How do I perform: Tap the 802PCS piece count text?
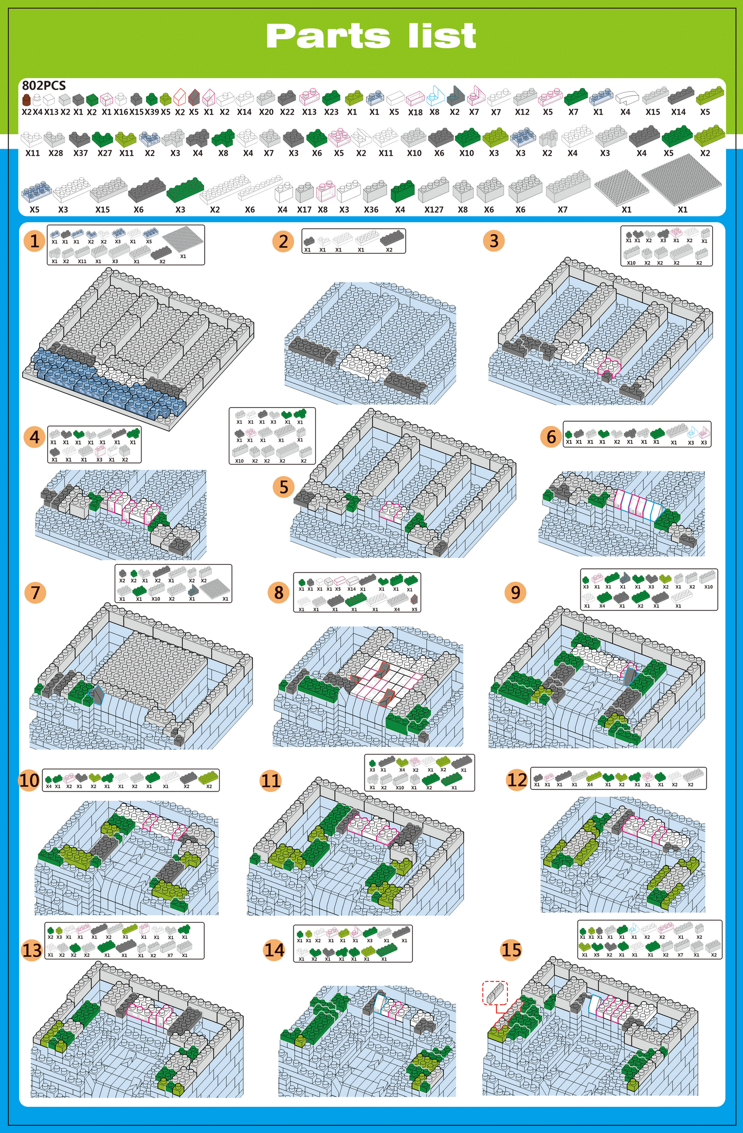[x=44, y=85]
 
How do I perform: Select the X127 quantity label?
[x=434, y=210]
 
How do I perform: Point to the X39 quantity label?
[x=152, y=112]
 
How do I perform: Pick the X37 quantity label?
[x=81, y=153]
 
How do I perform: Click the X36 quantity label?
[x=371, y=210]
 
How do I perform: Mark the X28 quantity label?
[x=56, y=153]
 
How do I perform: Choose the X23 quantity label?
[x=331, y=112]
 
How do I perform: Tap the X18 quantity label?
[x=415, y=112]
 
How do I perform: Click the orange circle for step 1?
[x=35, y=241]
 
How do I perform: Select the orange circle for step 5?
[x=284, y=487]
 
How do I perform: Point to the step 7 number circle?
[x=35, y=592]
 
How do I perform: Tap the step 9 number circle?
[x=516, y=592]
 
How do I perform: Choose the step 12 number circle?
[x=517, y=780]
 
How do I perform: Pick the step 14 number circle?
[x=275, y=949]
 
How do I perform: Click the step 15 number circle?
[x=511, y=949]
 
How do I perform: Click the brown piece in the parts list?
[x=27, y=100]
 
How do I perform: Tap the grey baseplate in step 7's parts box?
[x=215, y=588]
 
